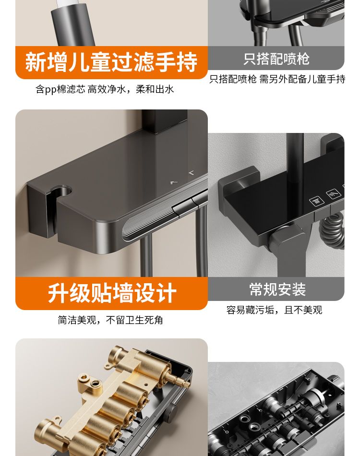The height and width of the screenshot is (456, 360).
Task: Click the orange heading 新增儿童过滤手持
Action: click(111, 62)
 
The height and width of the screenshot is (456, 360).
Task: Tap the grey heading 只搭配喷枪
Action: click(276, 59)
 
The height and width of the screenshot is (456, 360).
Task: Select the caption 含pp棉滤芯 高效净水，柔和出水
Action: click(105, 89)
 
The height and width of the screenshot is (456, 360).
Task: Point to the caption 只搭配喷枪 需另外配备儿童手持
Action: click(277, 79)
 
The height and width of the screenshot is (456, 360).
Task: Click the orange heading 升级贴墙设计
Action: click(112, 293)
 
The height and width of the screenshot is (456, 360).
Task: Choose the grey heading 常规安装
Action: click(277, 289)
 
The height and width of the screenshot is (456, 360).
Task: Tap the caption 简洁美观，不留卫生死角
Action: click(110, 320)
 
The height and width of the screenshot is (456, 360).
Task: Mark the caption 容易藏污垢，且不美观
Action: click(274, 310)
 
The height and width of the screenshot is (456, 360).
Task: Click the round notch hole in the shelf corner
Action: click(61, 191)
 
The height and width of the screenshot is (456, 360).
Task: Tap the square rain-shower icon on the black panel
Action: click(316, 201)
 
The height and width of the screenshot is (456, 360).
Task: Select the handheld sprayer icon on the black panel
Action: click(334, 193)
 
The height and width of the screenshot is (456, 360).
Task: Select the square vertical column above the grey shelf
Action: click(164, 121)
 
